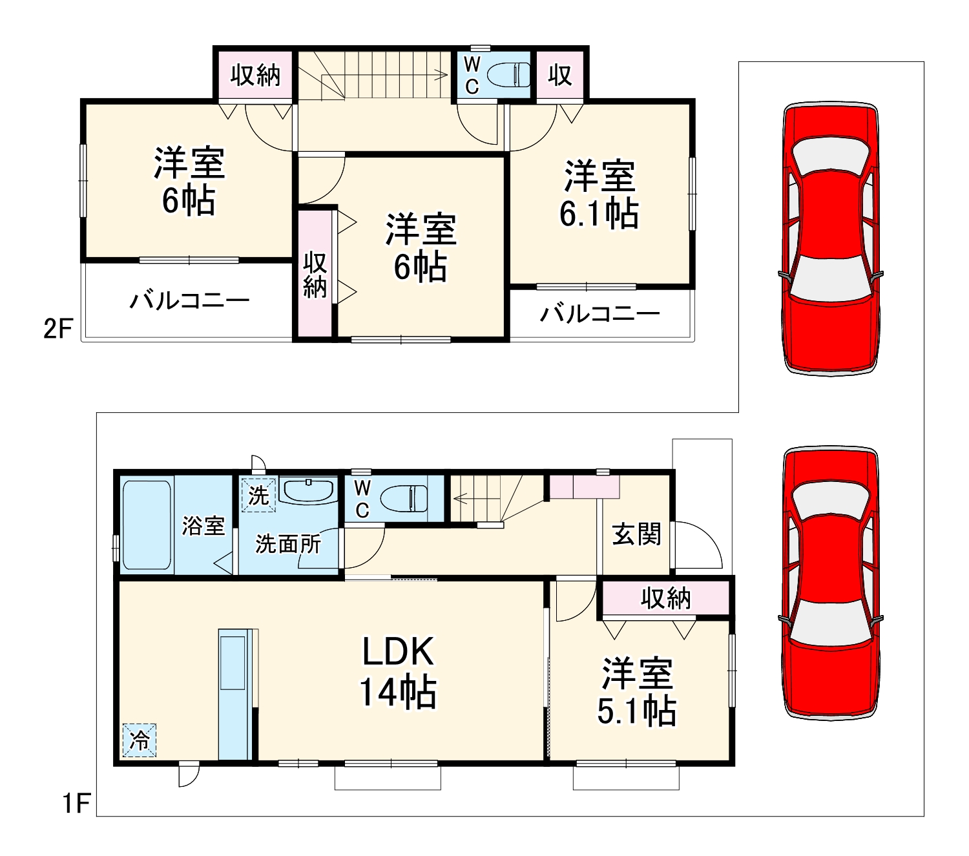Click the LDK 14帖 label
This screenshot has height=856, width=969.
coord(398,672)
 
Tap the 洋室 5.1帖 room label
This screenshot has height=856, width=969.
coord(637,691)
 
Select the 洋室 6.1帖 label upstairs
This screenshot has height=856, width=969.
coord(599,194)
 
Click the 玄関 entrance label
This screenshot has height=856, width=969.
coord(636,534)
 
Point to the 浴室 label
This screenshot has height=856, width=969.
coord(203,525)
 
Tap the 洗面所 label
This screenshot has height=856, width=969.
coord(288,544)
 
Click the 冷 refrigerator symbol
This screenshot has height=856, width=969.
coord(140,740)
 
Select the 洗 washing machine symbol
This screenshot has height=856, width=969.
coord(258,496)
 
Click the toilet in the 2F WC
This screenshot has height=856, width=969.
coord(507,75)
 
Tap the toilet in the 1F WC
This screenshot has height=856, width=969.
coord(404,499)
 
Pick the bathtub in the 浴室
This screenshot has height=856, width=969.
coord(147,525)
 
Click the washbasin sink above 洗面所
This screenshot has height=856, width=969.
coord(309,490)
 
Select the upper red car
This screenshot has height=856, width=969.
coord(831,239)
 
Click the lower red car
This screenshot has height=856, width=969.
coord(831,583)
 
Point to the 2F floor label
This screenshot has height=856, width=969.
coord(58,329)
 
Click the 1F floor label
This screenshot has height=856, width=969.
coord(76,804)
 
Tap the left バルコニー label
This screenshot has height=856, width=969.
coord(189,300)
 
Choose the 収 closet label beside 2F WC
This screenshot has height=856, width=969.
coord(559,76)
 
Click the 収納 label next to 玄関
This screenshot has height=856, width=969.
coord(665,598)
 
